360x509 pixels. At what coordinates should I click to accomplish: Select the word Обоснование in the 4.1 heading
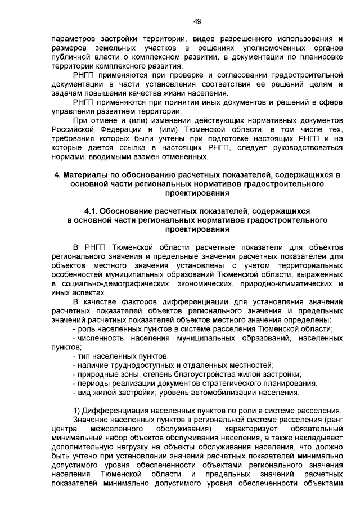tap(132, 210)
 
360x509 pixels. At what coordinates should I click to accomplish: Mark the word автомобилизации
tap(228, 392)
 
